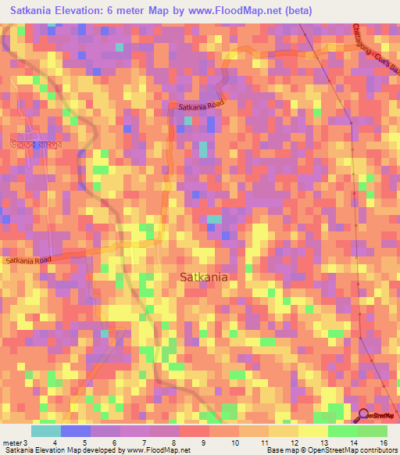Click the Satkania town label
(204, 277)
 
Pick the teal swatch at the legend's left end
(46, 431)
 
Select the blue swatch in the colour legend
(76, 431)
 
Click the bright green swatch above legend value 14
(342, 431)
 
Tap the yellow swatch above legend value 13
(312, 431)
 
